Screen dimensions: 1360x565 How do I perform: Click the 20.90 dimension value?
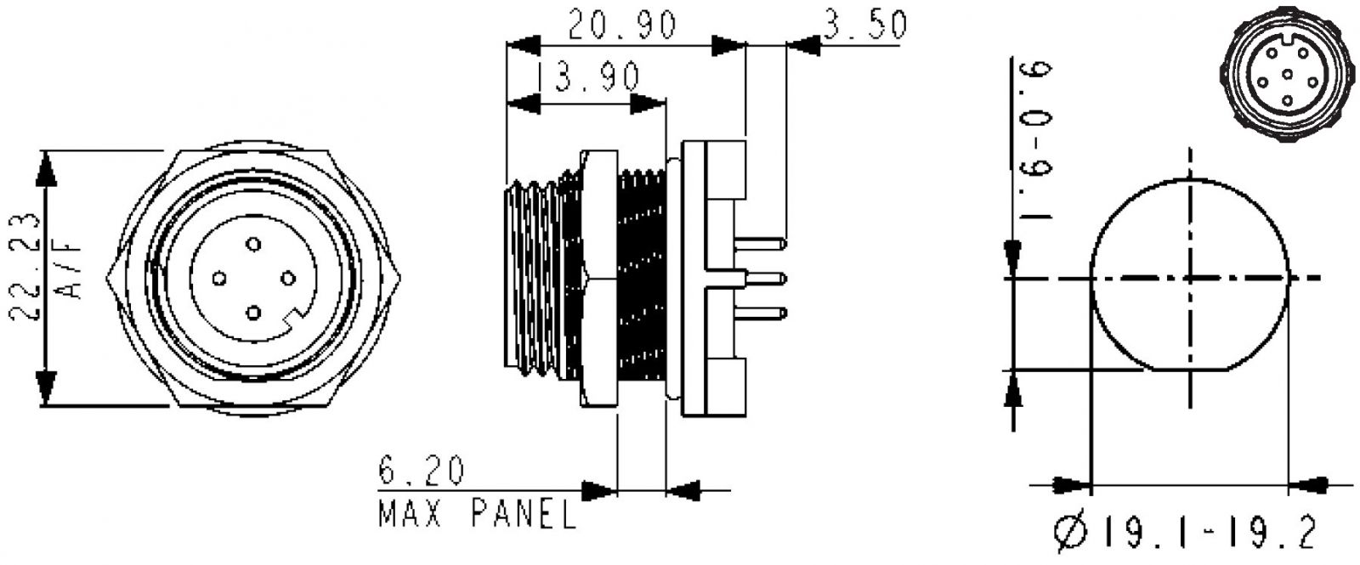(x=621, y=25)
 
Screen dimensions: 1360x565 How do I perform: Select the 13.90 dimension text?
(x=590, y=77)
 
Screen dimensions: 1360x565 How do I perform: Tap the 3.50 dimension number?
(x=865, y=25)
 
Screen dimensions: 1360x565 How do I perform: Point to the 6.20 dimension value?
(x=422, y=471)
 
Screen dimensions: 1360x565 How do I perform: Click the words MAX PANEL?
(x=477, y=514)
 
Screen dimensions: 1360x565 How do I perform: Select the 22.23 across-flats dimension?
(x=25, y=266)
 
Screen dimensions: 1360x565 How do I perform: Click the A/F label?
(x=69, y=267)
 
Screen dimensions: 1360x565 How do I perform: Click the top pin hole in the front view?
(x=253, y=245)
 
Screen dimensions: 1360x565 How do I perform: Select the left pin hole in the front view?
(x=219, y=279)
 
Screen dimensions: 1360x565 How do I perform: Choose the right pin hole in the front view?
(x=288, y=279)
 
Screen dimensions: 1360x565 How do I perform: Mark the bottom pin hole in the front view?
(x=253, y=314)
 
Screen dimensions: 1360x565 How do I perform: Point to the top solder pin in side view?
(x=760, y=244)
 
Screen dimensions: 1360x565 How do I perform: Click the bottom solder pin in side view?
(x=760, y=314)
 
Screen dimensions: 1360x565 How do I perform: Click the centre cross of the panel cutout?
(x=1190, y=279)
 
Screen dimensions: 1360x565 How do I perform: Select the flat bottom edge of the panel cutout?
(x=1189, y=369)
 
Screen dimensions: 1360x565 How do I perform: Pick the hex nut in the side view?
(x=598, y=279)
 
